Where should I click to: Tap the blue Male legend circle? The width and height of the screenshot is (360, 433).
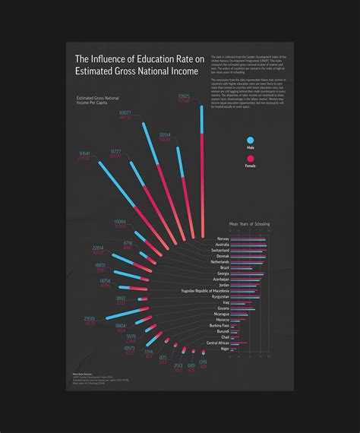click(250, 139)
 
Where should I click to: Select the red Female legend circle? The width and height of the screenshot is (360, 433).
click(250, 156)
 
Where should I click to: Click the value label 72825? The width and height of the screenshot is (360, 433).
click(184, 96)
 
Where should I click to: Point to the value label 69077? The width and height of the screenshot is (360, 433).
click(125, 112)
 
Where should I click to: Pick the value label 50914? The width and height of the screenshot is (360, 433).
click(165, 134)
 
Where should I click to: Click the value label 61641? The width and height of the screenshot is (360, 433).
click(84, 153)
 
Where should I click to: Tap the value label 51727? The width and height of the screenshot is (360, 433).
click(115, 151)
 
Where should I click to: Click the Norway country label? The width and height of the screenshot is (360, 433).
click(223, 239)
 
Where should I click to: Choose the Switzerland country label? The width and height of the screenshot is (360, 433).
click(219, 250)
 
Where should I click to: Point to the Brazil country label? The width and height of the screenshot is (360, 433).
click(224, 267)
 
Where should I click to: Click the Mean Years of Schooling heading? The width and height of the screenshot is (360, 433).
click(249, 224)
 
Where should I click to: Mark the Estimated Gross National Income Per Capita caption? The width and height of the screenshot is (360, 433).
click(98, 102)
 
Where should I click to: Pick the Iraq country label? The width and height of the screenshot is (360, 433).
click(226, 302)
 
